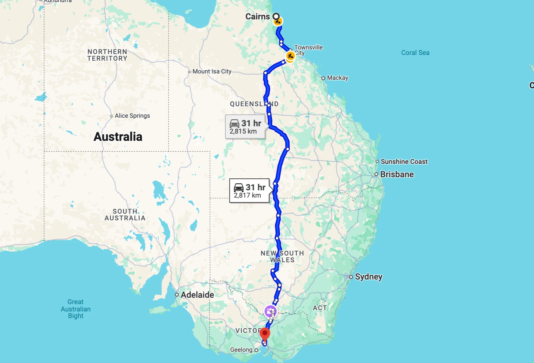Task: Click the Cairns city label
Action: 257,17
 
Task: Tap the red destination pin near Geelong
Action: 265,334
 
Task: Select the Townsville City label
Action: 308,50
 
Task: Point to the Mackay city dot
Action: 323,78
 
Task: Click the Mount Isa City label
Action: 212,72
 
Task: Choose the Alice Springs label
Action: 132,116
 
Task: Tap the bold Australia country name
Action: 118,137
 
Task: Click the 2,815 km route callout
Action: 245,127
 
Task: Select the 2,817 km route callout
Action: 249,191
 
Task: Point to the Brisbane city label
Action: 397,175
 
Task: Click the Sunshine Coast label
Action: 404,162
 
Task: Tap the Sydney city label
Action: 368,277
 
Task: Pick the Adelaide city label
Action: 197,295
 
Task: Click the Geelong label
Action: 241,350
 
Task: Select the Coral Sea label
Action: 415,53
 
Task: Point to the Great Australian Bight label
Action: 76,309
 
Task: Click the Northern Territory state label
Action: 107,55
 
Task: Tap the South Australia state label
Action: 125,215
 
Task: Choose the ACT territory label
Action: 320,308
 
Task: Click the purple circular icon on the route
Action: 270,311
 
